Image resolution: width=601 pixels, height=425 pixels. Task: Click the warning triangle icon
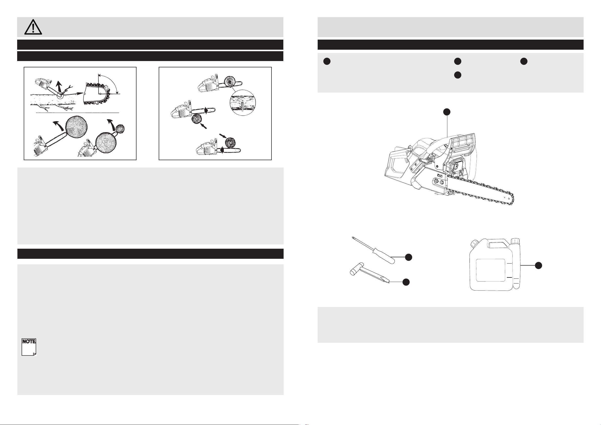(x=33, y=27)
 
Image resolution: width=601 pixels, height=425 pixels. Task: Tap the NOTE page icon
(x=29, y=347)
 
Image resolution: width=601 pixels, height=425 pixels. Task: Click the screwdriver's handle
(x=384, y=256)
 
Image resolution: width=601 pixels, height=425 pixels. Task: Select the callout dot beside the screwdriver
(x=408, y=257)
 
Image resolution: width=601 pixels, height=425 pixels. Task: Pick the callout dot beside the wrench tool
(x=406, y=282)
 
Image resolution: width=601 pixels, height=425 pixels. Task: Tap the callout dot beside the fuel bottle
(x=538, y=265)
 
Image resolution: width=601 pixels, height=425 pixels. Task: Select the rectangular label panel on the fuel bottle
(x=490, y=270)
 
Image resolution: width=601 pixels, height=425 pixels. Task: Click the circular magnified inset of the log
(x=242, y=103)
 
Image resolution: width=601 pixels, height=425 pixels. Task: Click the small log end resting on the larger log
(x=120, y=129)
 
